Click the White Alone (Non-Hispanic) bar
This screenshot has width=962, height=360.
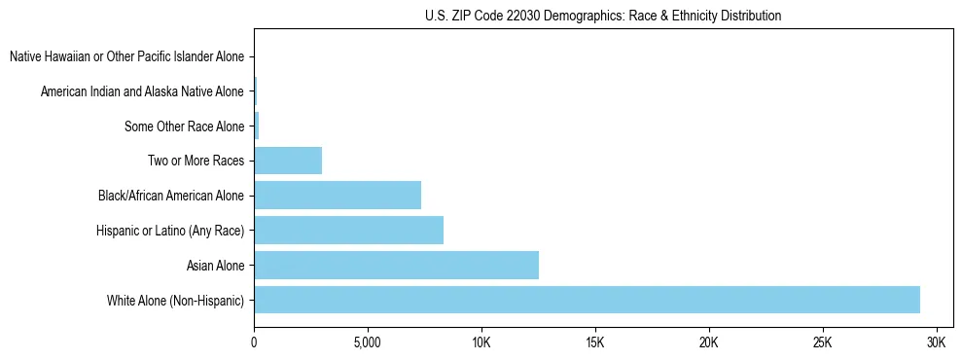[x=587, y=300]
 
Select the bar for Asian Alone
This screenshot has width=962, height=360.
[x=396, y=265]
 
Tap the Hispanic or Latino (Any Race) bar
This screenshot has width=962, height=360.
[x=348, y=231]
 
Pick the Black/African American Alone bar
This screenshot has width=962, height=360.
[x=338, y=196]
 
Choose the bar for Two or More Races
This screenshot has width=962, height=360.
[x=288, y=161]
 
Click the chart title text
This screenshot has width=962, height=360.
[x=603, y=17]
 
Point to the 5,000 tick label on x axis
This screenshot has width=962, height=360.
[x=368, y=343]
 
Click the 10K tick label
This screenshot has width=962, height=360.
[x=481, y=343]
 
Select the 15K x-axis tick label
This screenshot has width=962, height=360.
[x=595, y=343]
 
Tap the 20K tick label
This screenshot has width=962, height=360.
[x=709, y=343]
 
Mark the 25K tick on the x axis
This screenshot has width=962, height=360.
[x=823, y=343]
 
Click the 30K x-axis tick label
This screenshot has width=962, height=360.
[x=937, y=343]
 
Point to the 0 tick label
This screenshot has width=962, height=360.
[x=254, y=343]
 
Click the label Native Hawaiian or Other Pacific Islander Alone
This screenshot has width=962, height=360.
[x=126, y=57]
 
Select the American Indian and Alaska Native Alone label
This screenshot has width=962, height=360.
[x=142, y=92]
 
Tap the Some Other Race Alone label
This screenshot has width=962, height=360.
[x=184, y=126]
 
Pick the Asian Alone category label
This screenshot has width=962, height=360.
[x=215, y=266]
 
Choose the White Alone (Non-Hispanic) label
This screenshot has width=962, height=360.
[x=175, y=301]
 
